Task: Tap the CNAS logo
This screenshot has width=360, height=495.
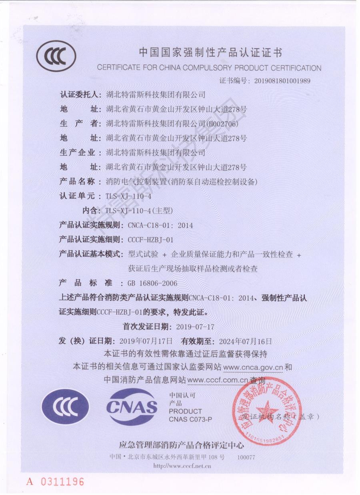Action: point(132,407)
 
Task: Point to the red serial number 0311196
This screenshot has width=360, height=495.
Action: point(60,481)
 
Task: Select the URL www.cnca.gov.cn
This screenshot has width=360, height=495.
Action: point(253,367)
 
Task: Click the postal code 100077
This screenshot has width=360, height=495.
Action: point(246,457)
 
